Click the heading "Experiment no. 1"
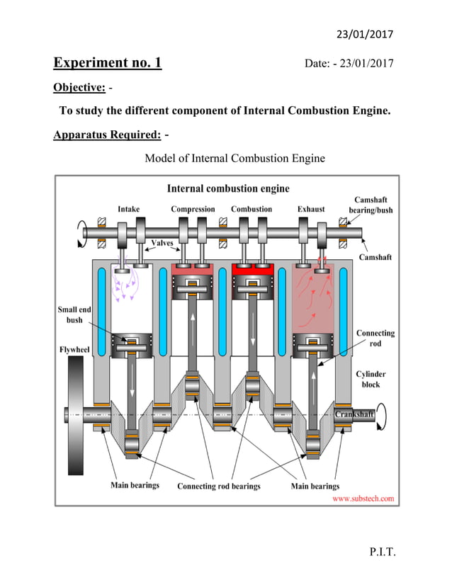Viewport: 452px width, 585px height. (x=108, y=63)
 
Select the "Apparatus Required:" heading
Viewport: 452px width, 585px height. (x=106, y=135)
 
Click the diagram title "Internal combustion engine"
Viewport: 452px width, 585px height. (x=227, y=188)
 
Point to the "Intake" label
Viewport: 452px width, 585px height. (x=128, y=209)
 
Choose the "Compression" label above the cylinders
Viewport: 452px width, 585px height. (x=193, y=209)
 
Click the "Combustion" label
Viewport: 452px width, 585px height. (x=252, y=209)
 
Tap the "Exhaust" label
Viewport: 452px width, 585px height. (x=310, y=209)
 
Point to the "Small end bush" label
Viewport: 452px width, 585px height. (x=74, y=314)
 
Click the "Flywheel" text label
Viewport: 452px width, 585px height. (x=73, y=349)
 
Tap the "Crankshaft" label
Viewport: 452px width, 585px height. (x=354, y=414)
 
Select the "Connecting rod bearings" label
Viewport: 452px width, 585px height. (x=218, y=486)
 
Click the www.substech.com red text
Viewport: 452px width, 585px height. (x=363, y=499)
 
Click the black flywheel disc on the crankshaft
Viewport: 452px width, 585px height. (x=74, y=414)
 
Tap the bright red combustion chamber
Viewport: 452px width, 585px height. (x=252, y=271)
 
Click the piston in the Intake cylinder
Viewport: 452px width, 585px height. (x=132, y=345)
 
